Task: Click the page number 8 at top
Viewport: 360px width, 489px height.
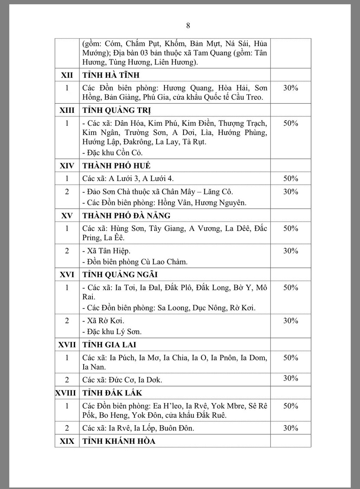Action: [188, 26]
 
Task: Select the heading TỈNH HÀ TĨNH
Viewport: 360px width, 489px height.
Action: [111, 75]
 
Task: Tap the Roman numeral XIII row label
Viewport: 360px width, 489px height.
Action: [67, 110]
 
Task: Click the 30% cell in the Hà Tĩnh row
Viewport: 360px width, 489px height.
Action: [291, 88]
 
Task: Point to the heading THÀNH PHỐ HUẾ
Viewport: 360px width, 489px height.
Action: [116, 166]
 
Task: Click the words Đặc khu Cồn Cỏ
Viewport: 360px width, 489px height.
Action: [115, 153]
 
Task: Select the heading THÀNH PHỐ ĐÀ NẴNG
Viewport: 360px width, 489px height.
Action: [126, 216]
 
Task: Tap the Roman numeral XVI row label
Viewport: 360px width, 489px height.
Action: [67, 275]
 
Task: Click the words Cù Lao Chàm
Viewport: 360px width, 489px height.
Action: [168, 262]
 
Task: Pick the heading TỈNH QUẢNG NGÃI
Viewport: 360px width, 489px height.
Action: [120, 275]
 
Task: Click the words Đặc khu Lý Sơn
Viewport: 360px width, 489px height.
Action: [115, 331]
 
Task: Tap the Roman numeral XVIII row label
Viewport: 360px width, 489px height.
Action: [66, 393]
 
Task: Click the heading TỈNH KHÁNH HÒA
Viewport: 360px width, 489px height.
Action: [119, 441]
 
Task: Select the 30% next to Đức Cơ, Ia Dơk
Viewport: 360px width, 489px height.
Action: [291, 378]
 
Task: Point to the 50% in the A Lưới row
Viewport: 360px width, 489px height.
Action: [291, 179]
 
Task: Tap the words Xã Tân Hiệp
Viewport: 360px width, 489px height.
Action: [109, 251]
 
